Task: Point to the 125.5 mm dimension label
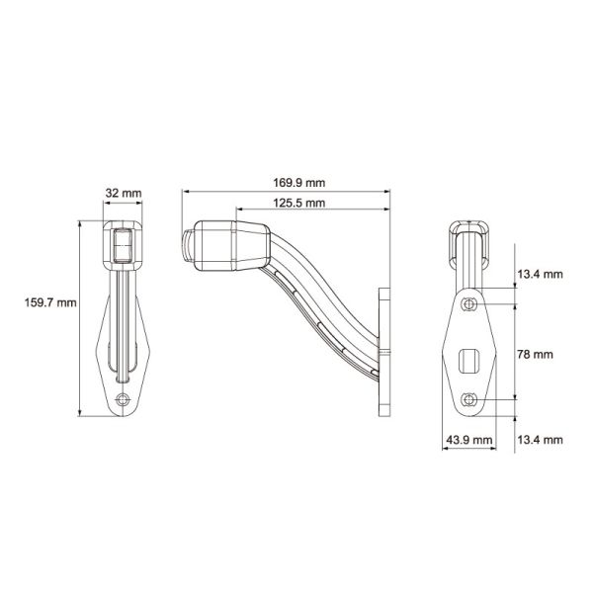point(301,204)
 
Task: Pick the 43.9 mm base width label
point(467,438)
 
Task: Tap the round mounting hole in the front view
point(123,400)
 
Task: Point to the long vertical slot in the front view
point(123,326)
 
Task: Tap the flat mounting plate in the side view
point(383,351)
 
